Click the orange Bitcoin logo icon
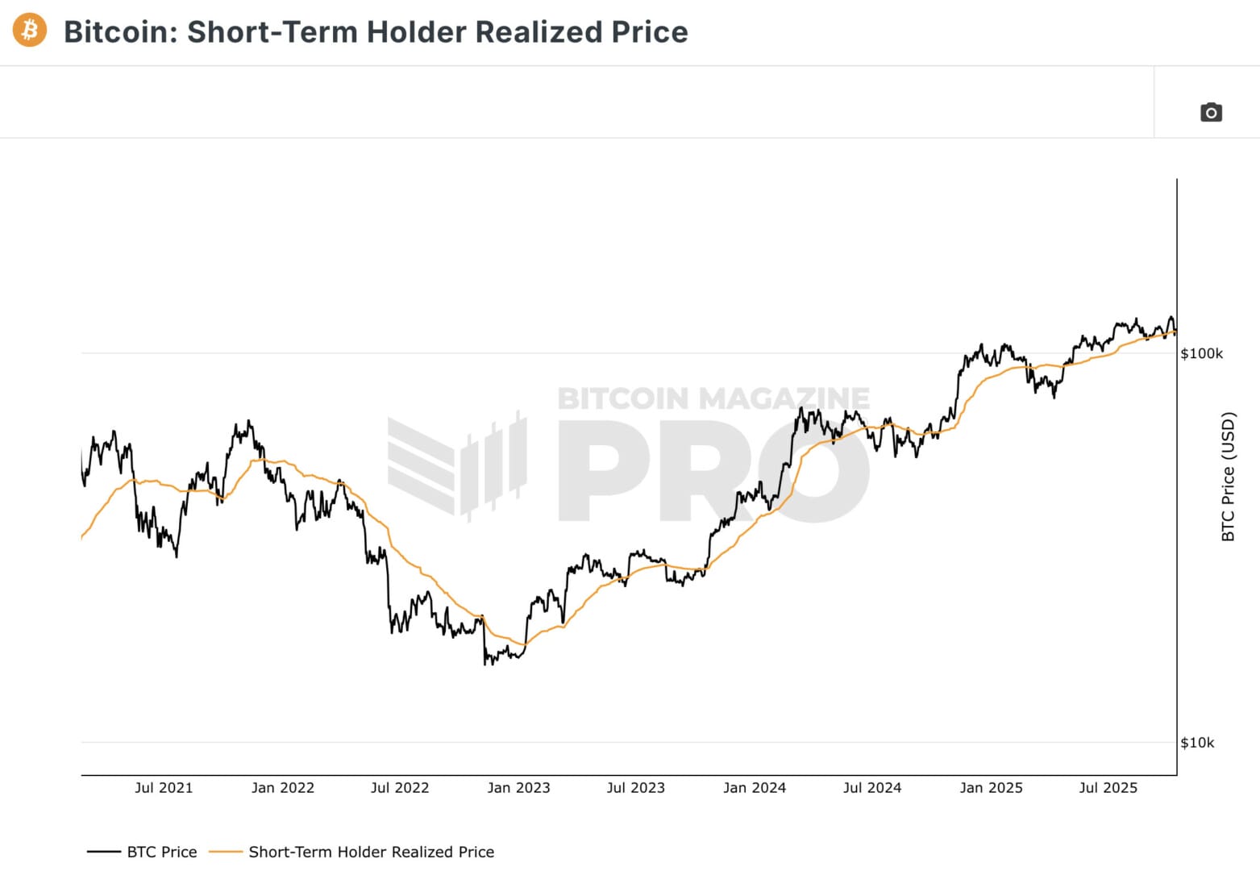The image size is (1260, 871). (x=30, y=31)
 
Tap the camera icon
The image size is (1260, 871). (x=1211, y=112)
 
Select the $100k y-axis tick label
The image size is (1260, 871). (x=1201, y=353)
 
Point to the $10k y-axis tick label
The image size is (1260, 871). (x=1197, y=743)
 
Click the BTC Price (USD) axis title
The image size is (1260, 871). (x=1228, y=477)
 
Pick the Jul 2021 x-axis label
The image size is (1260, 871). (x=164, y=788)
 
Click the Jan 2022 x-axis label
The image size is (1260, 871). (x=282, y=788)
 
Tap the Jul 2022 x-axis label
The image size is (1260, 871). (x=400, y=788)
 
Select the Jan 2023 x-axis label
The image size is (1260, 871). (x=518, y=788)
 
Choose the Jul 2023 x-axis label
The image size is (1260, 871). (x=636, y=788)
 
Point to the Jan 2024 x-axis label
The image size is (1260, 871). (x=755, y=788)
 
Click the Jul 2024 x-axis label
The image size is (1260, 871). (x=872, y=788)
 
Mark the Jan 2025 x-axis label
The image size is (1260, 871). (x=991, y=788)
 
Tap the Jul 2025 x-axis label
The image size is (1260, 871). (x=1108, y=788)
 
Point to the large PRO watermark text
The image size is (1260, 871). (x=713, y=476)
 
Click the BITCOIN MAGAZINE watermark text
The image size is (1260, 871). (x=713, y=398)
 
